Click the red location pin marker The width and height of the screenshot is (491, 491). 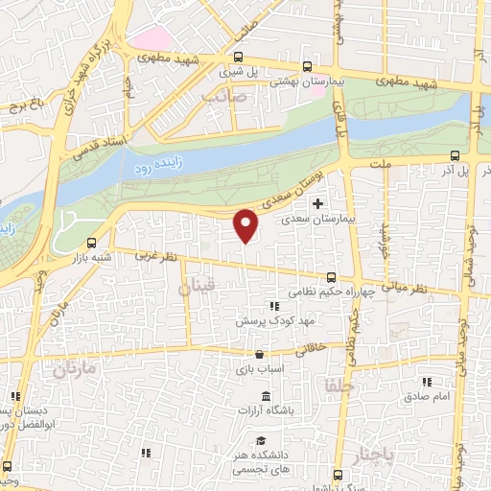(x=246, y=225)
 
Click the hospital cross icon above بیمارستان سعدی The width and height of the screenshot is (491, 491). (x=317, y=203)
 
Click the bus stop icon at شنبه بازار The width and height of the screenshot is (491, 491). (x=91, y=243)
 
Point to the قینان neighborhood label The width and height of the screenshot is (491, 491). (x=199, y=286)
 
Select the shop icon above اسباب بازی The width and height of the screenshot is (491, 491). (x=259, y=354)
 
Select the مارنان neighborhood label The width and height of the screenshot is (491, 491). (x=76, y=370)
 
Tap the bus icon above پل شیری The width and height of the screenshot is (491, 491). (x=237, y=58)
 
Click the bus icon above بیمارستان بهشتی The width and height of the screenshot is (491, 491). (x=306, y=66)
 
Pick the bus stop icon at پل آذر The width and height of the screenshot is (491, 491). (x=455, y=155)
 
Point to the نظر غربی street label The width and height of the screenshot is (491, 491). (x=157, y=257)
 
